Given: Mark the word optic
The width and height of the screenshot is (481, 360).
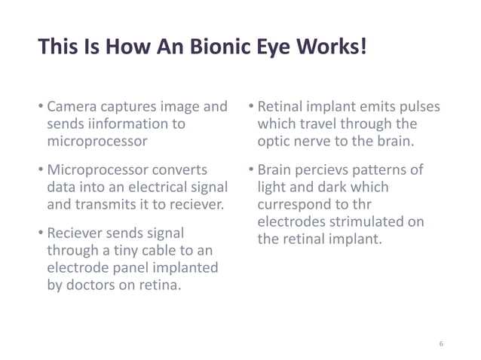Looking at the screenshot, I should [274, 140].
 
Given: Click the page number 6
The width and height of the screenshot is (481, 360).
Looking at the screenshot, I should [441, 343].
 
